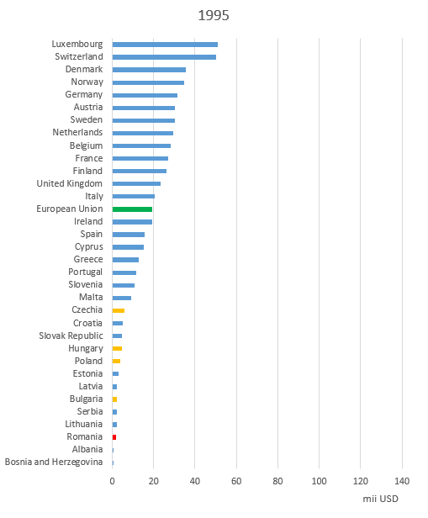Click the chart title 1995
[x=214, y=15]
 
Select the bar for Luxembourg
[x=165, y=45]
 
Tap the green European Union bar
[x=132, y=209]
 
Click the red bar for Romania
[x=114, y=437]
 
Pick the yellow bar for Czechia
[x=119, y=310]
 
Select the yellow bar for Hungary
[x=117, y=348]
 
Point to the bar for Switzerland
[x=164, y=57]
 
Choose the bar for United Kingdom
[x=136, y=183]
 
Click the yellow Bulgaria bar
[x=114, y=399]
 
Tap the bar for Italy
[x=134, y=196]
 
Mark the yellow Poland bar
[x=116, y=361]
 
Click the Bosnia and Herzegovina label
[x=54, y=462]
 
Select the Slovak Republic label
[x=71, y=336]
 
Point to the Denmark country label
[x=84, y=69]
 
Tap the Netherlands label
[x=77, y=132]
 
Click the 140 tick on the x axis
[x=402, y=481]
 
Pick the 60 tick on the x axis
[x=236, y=481]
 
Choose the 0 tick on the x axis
[x=113, y=481]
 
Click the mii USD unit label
[x=380, y=499]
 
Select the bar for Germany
[x=145, y=95]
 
